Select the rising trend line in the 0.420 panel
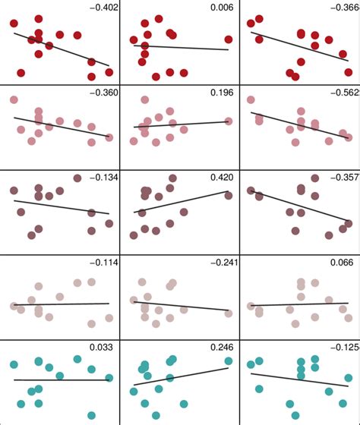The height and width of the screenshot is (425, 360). pyautogui.click(x=182, y=202)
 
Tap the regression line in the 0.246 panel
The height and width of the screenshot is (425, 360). pyautogui.click(x=182, y=376)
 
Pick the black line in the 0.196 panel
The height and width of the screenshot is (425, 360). pyautogui.click(x=182, y=124)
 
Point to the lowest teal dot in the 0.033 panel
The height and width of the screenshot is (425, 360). pyautogui.click(x=91, y=415)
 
